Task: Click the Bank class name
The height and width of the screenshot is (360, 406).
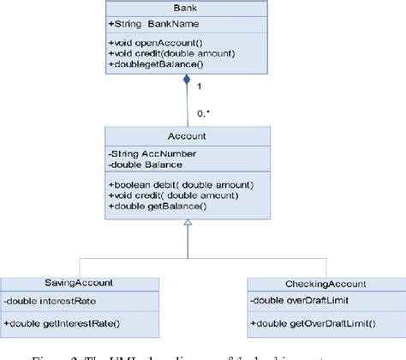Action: (x=187, y=6)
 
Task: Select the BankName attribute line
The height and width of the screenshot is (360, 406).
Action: (x=153, y=23)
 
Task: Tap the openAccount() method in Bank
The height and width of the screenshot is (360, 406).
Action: (x=155, y=43)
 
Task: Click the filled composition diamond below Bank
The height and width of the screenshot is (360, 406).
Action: (x=186, y=81)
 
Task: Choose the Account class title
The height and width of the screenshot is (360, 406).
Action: (x=187, y=135)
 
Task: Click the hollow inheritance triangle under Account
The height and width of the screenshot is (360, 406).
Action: (x=187, y=224)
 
